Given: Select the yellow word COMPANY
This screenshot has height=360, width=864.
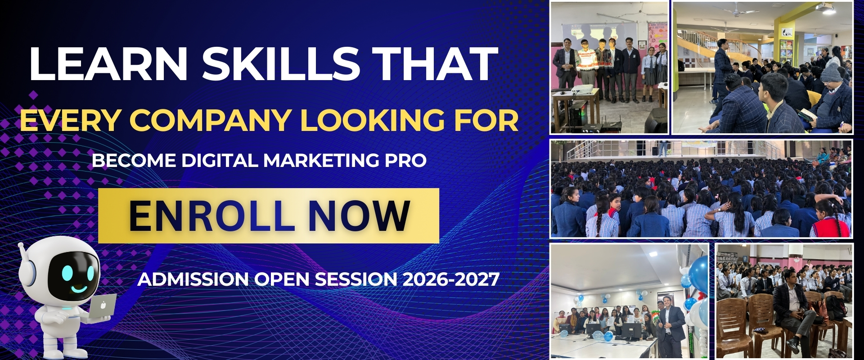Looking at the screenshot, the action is (x=210, y=120).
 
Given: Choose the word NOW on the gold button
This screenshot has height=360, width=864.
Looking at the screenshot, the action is (x=359, y=216).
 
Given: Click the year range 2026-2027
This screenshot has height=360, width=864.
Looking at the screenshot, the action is (x=450, y=279).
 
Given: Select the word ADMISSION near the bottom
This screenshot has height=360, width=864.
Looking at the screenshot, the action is (x=193, y=279).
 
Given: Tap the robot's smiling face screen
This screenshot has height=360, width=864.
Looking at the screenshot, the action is (x=74, y=275).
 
